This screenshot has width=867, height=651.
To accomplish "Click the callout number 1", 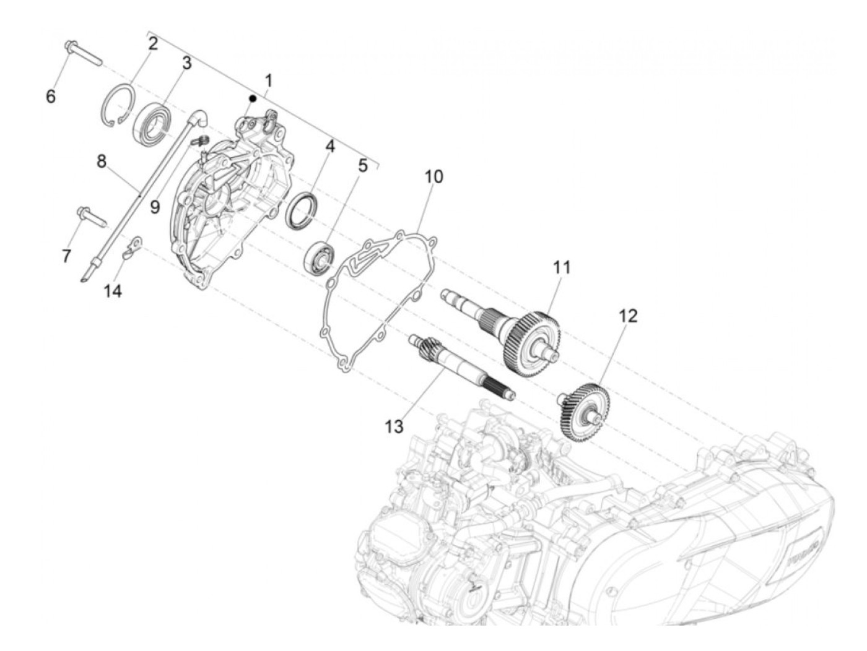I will click(x=268, y=80).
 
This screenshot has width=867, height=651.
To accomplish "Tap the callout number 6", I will click(x=51, y=96).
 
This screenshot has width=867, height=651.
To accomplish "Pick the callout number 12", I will click(x=627, y=316).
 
